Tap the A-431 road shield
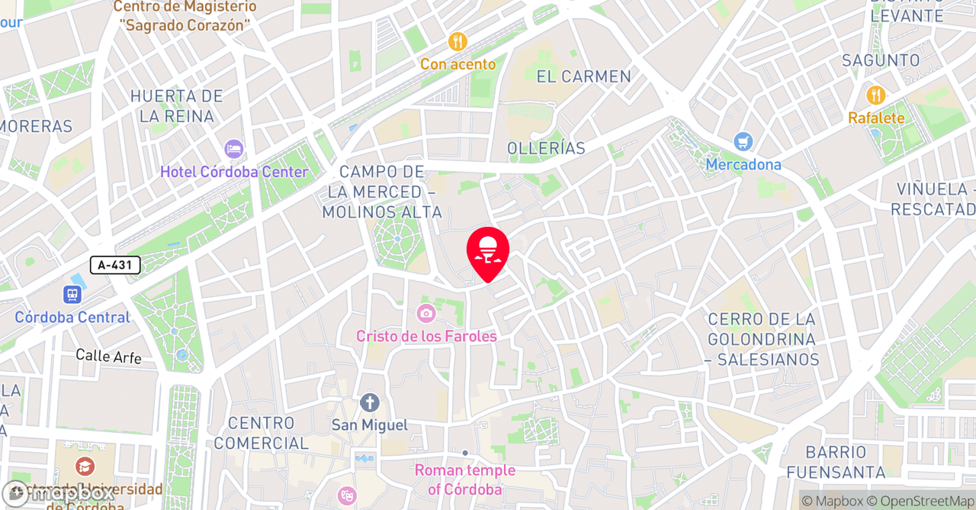click(x=115, y=265)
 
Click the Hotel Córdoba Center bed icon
click(x=233, y=149)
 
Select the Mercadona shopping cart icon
click(x=743, y=142)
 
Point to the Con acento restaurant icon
click(x=457, y=42)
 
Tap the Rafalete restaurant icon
click(x=876, y=95)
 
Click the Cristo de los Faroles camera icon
click(x=426, y=313)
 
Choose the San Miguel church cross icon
click(x=370, y=402)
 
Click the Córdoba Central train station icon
click(x=73, y=295)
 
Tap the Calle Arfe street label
click(x=108, y=356)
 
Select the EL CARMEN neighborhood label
click(x=584, y=76)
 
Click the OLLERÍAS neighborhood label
click(x=547, y=148)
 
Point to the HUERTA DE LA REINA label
click(x=176, y=106)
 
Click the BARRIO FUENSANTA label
click(x=836, y=462)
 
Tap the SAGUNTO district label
click(x=881, y=60)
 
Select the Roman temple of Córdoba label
click(x=464, y=479)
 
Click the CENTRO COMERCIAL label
click(x=262, y=433)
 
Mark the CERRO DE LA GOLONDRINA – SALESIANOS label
click(x=762, y=339)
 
